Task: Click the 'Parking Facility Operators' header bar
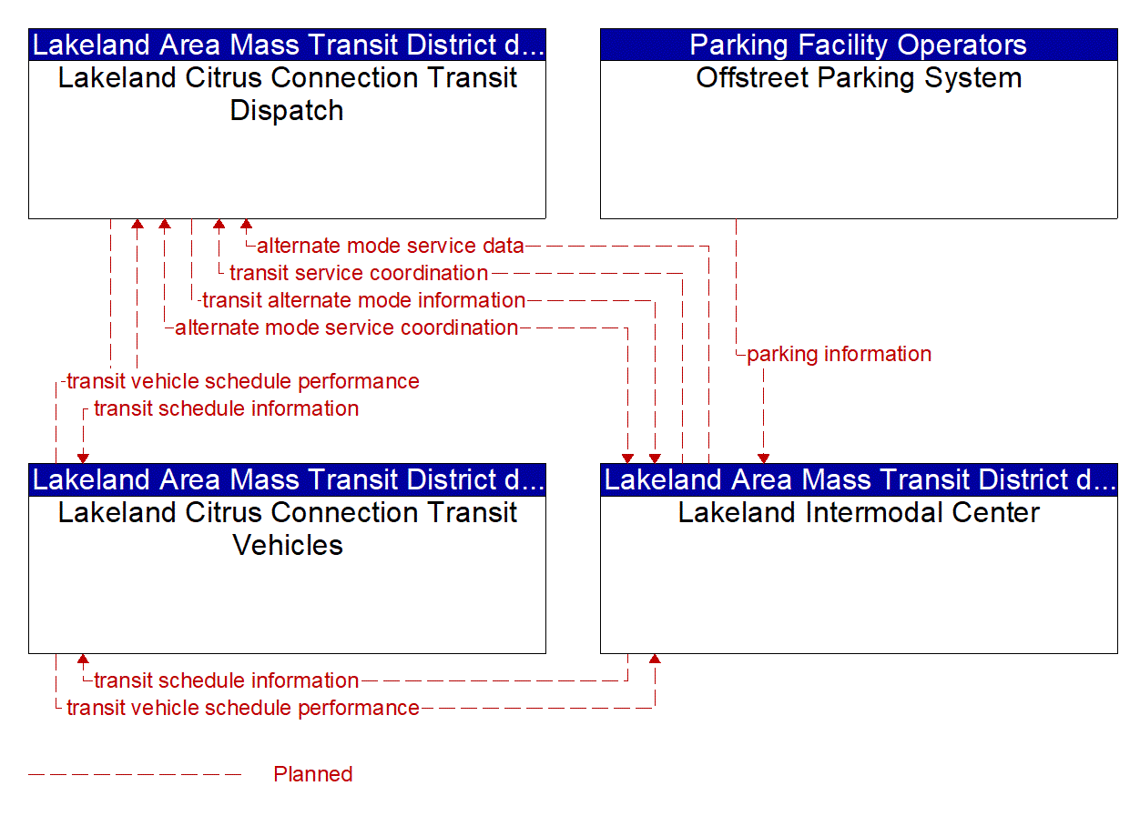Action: click(858, 45)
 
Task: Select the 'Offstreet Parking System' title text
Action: click(858, 78)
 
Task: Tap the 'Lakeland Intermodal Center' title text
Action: click(858, 513)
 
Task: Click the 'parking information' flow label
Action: click(839, 355)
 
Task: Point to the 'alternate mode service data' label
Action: click(391, 246)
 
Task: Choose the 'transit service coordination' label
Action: click(359, 273)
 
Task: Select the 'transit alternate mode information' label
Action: click(363, 300)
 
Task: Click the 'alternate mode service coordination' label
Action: click(346, 327)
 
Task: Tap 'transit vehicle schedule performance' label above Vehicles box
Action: click(242, 382)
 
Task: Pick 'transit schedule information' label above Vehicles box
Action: click(226, 409)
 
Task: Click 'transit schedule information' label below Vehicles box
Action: click(226, 680)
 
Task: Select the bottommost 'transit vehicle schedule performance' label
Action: click(242, 708)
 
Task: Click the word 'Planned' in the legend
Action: click(312, 774)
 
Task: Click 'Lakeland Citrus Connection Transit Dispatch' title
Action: click(287, 95)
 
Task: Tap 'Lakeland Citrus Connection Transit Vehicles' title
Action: click(287, 529)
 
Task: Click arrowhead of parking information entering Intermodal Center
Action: click(763, 458)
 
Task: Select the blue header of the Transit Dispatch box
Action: click(287, 45)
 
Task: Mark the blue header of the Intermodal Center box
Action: click(858, 479)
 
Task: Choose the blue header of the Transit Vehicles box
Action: click(287, 479)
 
